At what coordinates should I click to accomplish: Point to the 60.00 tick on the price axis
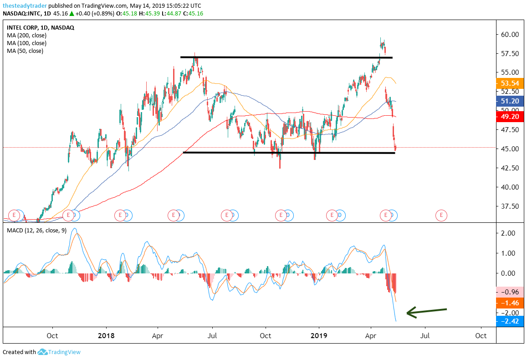coord(510,34)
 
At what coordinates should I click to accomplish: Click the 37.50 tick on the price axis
coord(510,206)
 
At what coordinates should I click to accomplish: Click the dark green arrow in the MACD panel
coord(426,312)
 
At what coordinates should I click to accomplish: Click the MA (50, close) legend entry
coord(25,51)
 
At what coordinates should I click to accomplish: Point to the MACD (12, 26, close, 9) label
coord(36,230)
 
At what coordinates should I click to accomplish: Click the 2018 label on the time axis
coord(106,336)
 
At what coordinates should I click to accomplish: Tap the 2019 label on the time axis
coord(319,336)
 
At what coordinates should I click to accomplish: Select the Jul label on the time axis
coord(212,336)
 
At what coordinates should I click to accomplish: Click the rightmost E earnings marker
coord(440,215)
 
